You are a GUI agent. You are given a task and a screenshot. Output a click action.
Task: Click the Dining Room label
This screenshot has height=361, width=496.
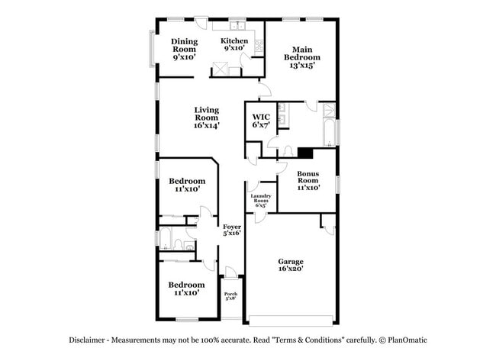(x=184, y=49)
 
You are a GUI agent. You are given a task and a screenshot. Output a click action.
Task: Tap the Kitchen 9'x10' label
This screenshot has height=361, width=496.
(x=234, y=44)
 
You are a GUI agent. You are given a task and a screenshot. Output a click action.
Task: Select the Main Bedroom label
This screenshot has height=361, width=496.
(x=302, y=57)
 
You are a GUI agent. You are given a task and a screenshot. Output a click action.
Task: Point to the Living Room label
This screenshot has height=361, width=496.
(x=206, y=118)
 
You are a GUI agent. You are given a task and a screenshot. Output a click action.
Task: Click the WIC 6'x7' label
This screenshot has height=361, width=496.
(x=261, y=121)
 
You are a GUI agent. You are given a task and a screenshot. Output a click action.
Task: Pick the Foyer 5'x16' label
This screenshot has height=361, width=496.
(x=231, y=230)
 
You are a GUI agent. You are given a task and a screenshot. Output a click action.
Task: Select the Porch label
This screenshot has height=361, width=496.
(x=230, y=295)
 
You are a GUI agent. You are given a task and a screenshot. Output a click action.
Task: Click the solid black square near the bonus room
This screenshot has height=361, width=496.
(x=305, y=152)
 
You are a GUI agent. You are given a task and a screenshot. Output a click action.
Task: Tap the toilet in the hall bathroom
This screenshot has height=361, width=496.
(x=176, y=244)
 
